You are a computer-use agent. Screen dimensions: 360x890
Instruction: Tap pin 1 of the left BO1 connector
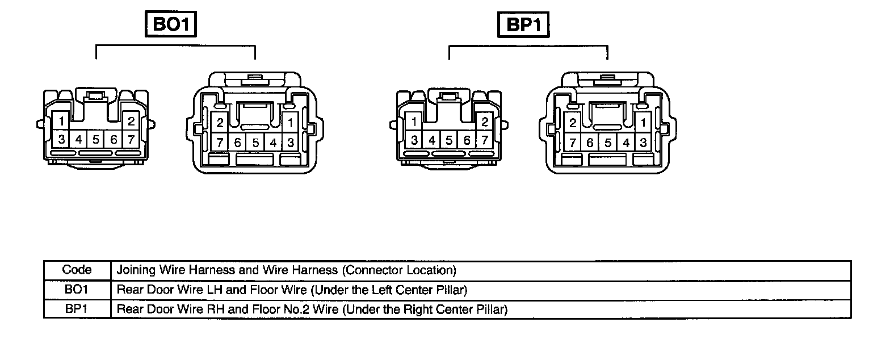click(x=61, y=120)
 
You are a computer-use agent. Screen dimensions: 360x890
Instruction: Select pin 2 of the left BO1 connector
click(x=131, y=120)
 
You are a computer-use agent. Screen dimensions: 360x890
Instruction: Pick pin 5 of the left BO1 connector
click(x=96, y=139)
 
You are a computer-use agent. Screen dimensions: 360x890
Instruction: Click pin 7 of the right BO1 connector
click(x=220, y=143)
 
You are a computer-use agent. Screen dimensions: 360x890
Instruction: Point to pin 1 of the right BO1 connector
click(x=290, y=122)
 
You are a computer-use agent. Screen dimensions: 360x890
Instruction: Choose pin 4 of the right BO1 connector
click(x=273, y=143)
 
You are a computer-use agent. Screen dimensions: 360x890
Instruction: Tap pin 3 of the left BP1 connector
click(x=415, y=140)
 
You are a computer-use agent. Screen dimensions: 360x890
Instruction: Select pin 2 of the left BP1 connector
click(x=484, y=122)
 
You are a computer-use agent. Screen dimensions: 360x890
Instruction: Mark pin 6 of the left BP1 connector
click(x=467, y=140)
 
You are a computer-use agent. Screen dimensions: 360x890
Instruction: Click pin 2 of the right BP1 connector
click(x=573, y=123)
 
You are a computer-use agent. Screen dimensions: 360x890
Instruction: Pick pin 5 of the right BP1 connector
click(x=608, y=143)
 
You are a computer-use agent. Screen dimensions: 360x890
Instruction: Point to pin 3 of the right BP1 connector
click(x=643, y=143)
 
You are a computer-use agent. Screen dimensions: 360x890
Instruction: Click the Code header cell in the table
click(x=77, y=270)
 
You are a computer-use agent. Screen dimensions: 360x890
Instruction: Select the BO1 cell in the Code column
click(x=77, y=290)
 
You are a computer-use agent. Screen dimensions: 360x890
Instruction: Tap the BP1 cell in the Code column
click(x=77, y=309)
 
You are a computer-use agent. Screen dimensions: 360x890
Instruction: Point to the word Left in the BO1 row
click(x=380, y=290)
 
